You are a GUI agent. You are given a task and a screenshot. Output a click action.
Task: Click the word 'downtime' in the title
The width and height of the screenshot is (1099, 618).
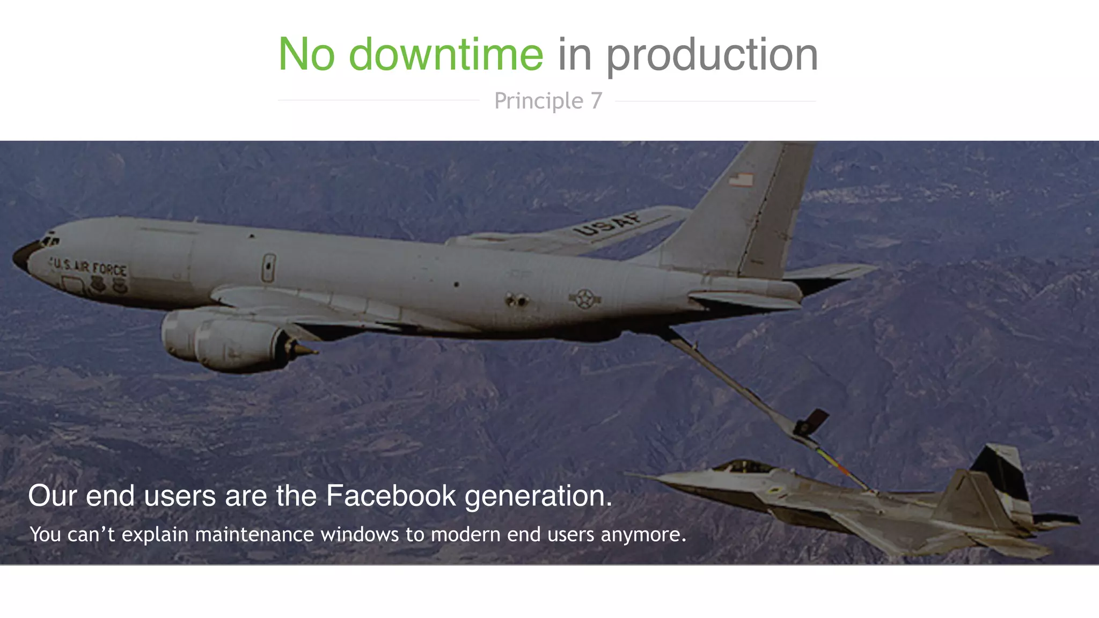(x=446, y=54)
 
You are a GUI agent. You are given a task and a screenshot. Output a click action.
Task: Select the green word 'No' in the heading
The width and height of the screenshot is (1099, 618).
(x=306, y=54)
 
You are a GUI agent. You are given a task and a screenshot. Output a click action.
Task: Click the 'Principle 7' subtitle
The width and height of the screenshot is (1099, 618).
(x=548, y=101)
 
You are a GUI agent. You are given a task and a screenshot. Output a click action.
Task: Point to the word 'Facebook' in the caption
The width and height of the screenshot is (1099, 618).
(x=391, y=495)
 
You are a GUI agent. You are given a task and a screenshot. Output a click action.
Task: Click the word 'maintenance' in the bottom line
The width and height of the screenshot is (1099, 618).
(x=254, y=534)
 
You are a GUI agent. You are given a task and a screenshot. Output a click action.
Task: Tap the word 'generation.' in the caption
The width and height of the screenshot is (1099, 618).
(x=538, y=496)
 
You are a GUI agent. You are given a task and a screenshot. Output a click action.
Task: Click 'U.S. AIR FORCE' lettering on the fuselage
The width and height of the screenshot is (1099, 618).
(x=89, y=267)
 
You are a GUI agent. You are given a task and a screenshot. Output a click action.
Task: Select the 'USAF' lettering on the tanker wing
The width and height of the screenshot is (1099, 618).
(x=608, y=224)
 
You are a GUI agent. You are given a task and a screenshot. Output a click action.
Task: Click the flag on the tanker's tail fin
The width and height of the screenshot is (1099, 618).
(x=741, y=179)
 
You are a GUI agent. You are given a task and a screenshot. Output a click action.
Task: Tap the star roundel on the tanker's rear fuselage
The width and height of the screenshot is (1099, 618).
(x=585, y=299)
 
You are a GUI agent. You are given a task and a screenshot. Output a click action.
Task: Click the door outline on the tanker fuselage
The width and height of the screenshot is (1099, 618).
(x=268, y=268)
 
